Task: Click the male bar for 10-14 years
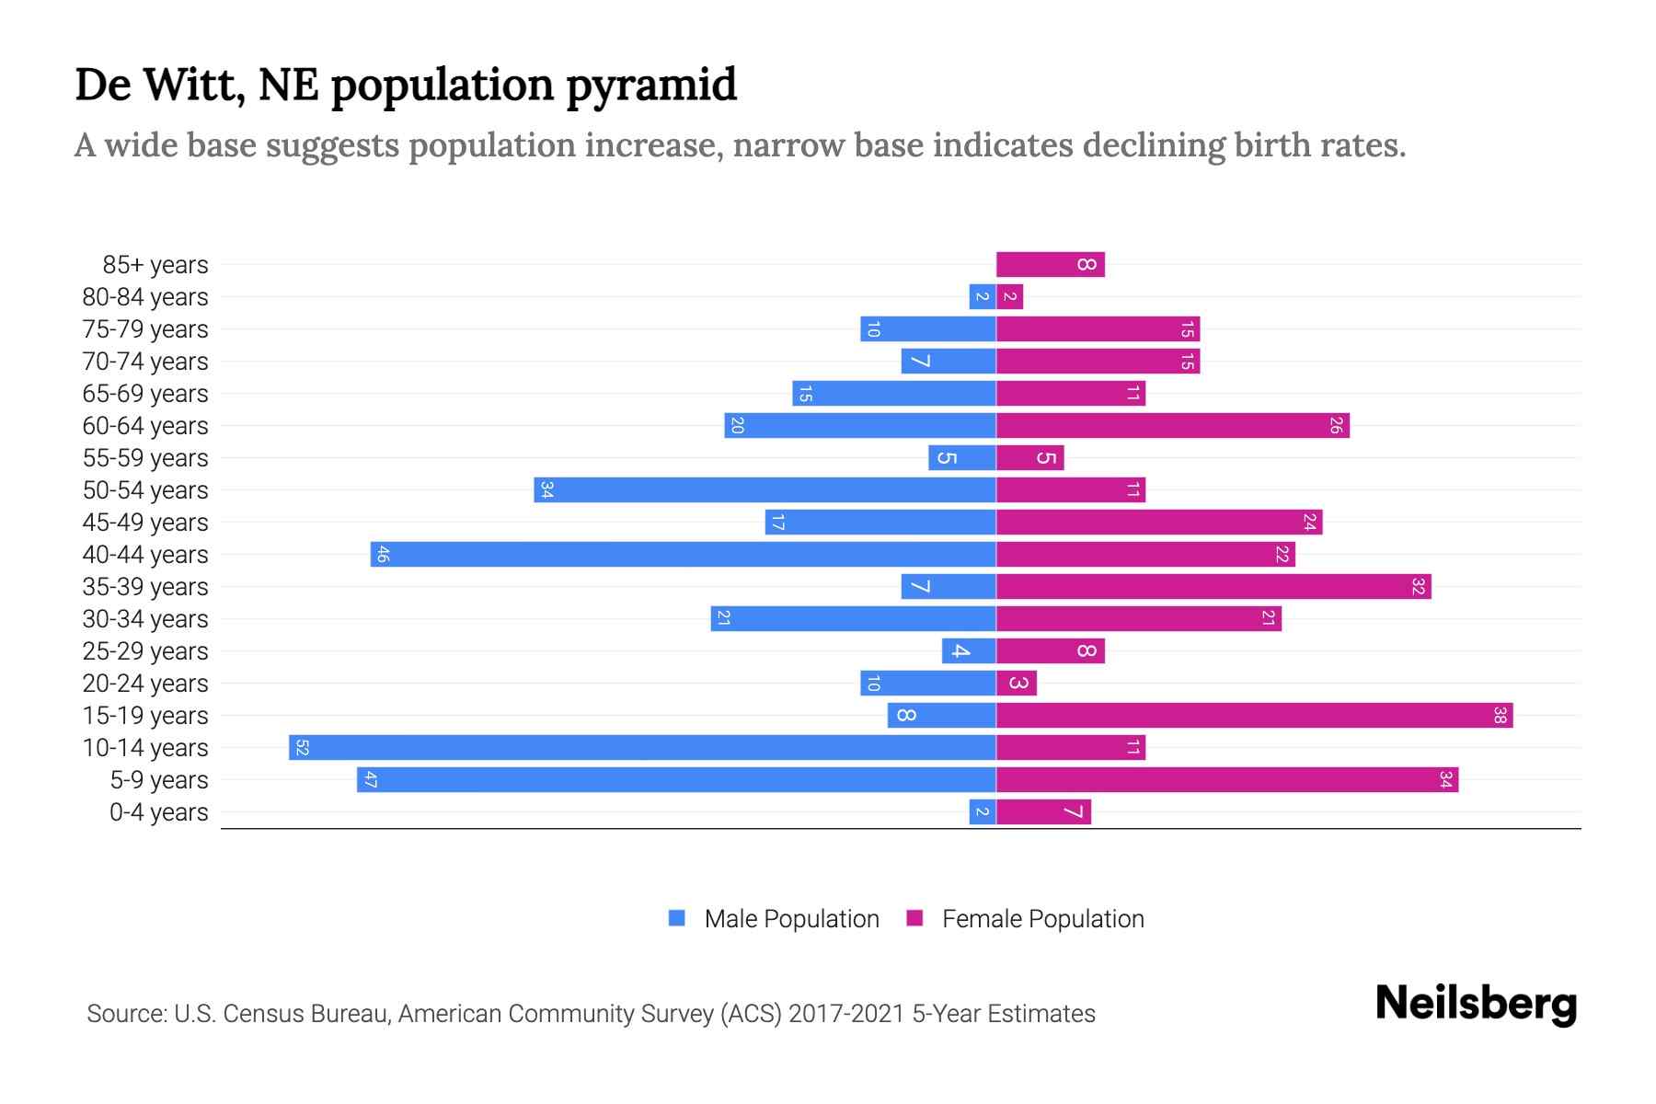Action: coord(642,747)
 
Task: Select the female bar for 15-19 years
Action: coord(1254,715)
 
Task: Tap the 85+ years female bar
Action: coord(1050,264)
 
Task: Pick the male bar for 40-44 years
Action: coord(683,554)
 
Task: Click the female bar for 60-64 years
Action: coord(1172,425)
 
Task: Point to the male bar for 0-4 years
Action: coord(983,811)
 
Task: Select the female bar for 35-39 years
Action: coord(1213,586)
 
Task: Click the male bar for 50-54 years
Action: coord(765,489)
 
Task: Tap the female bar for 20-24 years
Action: coord(1017,683)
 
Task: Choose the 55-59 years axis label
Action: coord(145,457)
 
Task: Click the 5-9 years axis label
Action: coord(158,779)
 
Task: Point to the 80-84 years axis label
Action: coord(145,296)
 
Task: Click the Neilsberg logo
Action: coord(1476,1004)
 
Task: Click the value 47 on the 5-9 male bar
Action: coord(371,779)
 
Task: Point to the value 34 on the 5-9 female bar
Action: coord(1445,779)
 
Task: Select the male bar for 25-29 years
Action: coord(969,650)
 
